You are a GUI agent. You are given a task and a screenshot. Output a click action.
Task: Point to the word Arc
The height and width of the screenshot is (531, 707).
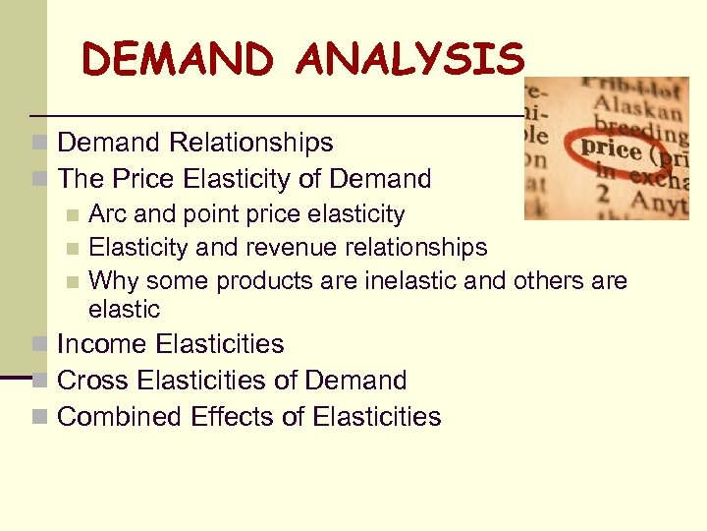[106, 214]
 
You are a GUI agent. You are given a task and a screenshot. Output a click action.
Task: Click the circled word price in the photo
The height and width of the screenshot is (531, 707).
[611, 149]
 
